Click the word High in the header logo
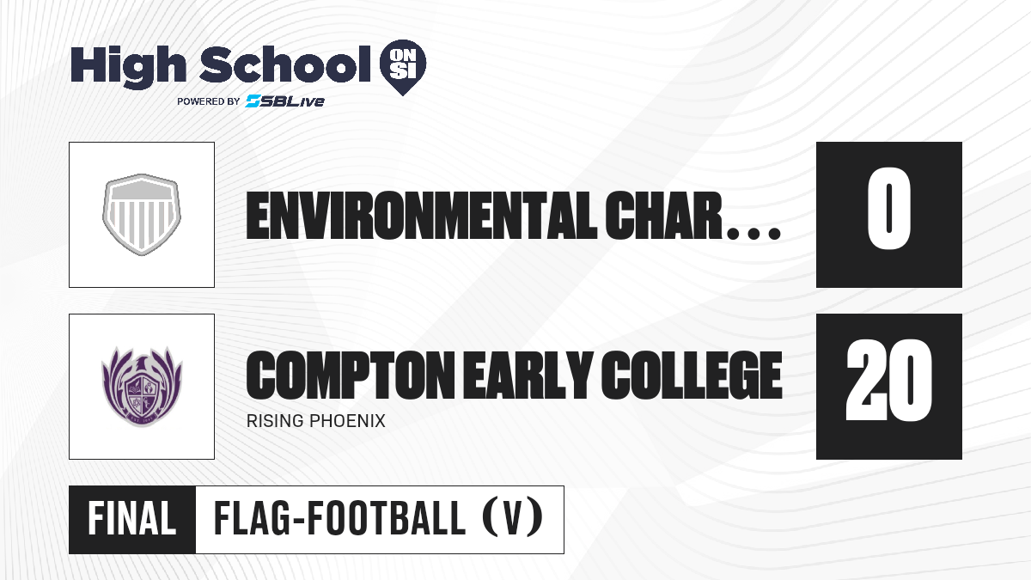(128, 67)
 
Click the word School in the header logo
(285, 64)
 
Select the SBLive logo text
(285, 101)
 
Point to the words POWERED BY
(209, 101)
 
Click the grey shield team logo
(142, 215)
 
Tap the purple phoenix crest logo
(142, 387)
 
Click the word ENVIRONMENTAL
(421, 216)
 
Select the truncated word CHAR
(663, 216)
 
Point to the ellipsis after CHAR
(753, 234)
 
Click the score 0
(888, 209)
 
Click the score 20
(888, 380)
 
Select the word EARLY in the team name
(527, 375)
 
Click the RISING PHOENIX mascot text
(316, 421)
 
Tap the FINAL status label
(132, 519)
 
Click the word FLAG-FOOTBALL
(339, 519)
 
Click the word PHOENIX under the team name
(347, 421)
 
